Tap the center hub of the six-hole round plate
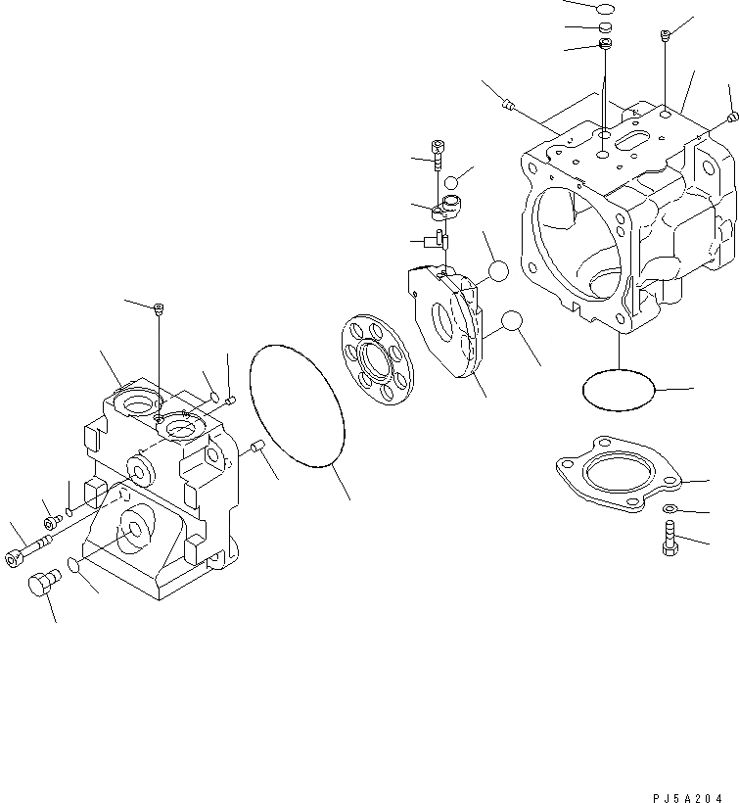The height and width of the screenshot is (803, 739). [377, 359]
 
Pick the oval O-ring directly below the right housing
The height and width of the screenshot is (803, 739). [618, 390]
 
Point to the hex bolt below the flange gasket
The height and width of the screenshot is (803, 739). [670, 537]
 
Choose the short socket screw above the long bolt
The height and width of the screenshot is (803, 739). [51, 521]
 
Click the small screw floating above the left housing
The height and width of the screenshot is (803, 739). [159, 310]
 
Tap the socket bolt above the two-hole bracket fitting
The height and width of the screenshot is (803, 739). [438, 153]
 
